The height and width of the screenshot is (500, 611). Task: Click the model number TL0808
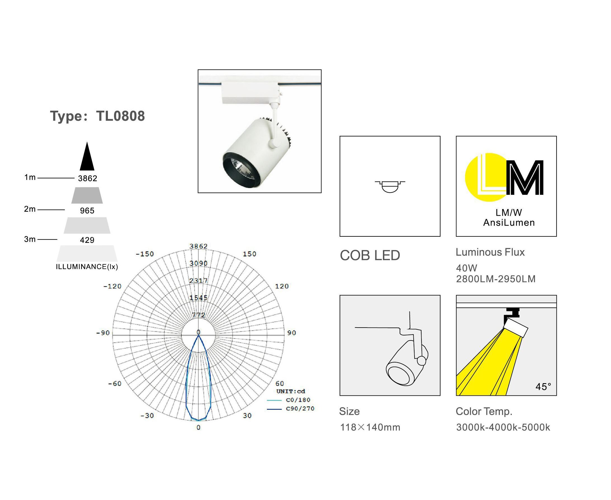click(120, 116)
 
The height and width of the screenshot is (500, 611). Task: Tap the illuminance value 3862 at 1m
click(87, 179)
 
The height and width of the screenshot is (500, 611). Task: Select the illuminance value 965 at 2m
click(87, 211)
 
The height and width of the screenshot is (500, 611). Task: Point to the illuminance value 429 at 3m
click(87, 240)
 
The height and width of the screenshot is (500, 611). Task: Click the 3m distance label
click(30, 239)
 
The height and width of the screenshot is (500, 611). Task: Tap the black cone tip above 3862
click(87, 142)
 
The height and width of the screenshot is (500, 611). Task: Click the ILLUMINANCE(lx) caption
click(87, 267)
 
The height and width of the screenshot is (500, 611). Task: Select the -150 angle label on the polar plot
click(145, 254)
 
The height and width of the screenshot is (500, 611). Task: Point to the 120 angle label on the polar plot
click(282, 286)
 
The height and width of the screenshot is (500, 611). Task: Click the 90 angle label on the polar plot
click(292, 333)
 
